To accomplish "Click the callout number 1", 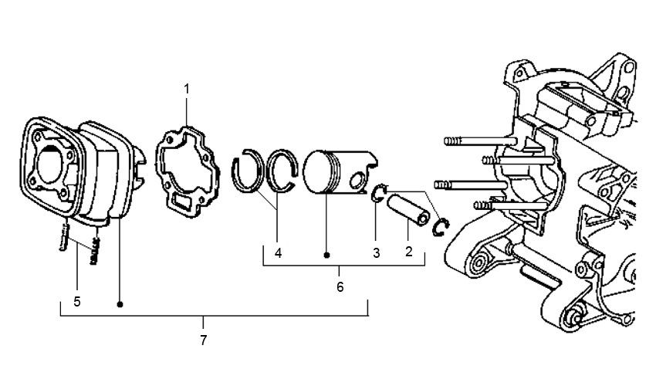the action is click(x=187, y=90).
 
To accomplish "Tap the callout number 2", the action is click(x=409, y=251).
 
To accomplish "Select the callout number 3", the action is click(x=376, y=253).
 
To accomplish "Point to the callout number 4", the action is click(x=278, y=253).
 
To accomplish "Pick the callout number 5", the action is click(x=77, y=301).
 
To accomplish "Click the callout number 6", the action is click(x=340, y=287).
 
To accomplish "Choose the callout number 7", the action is click(x=203, y=340).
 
